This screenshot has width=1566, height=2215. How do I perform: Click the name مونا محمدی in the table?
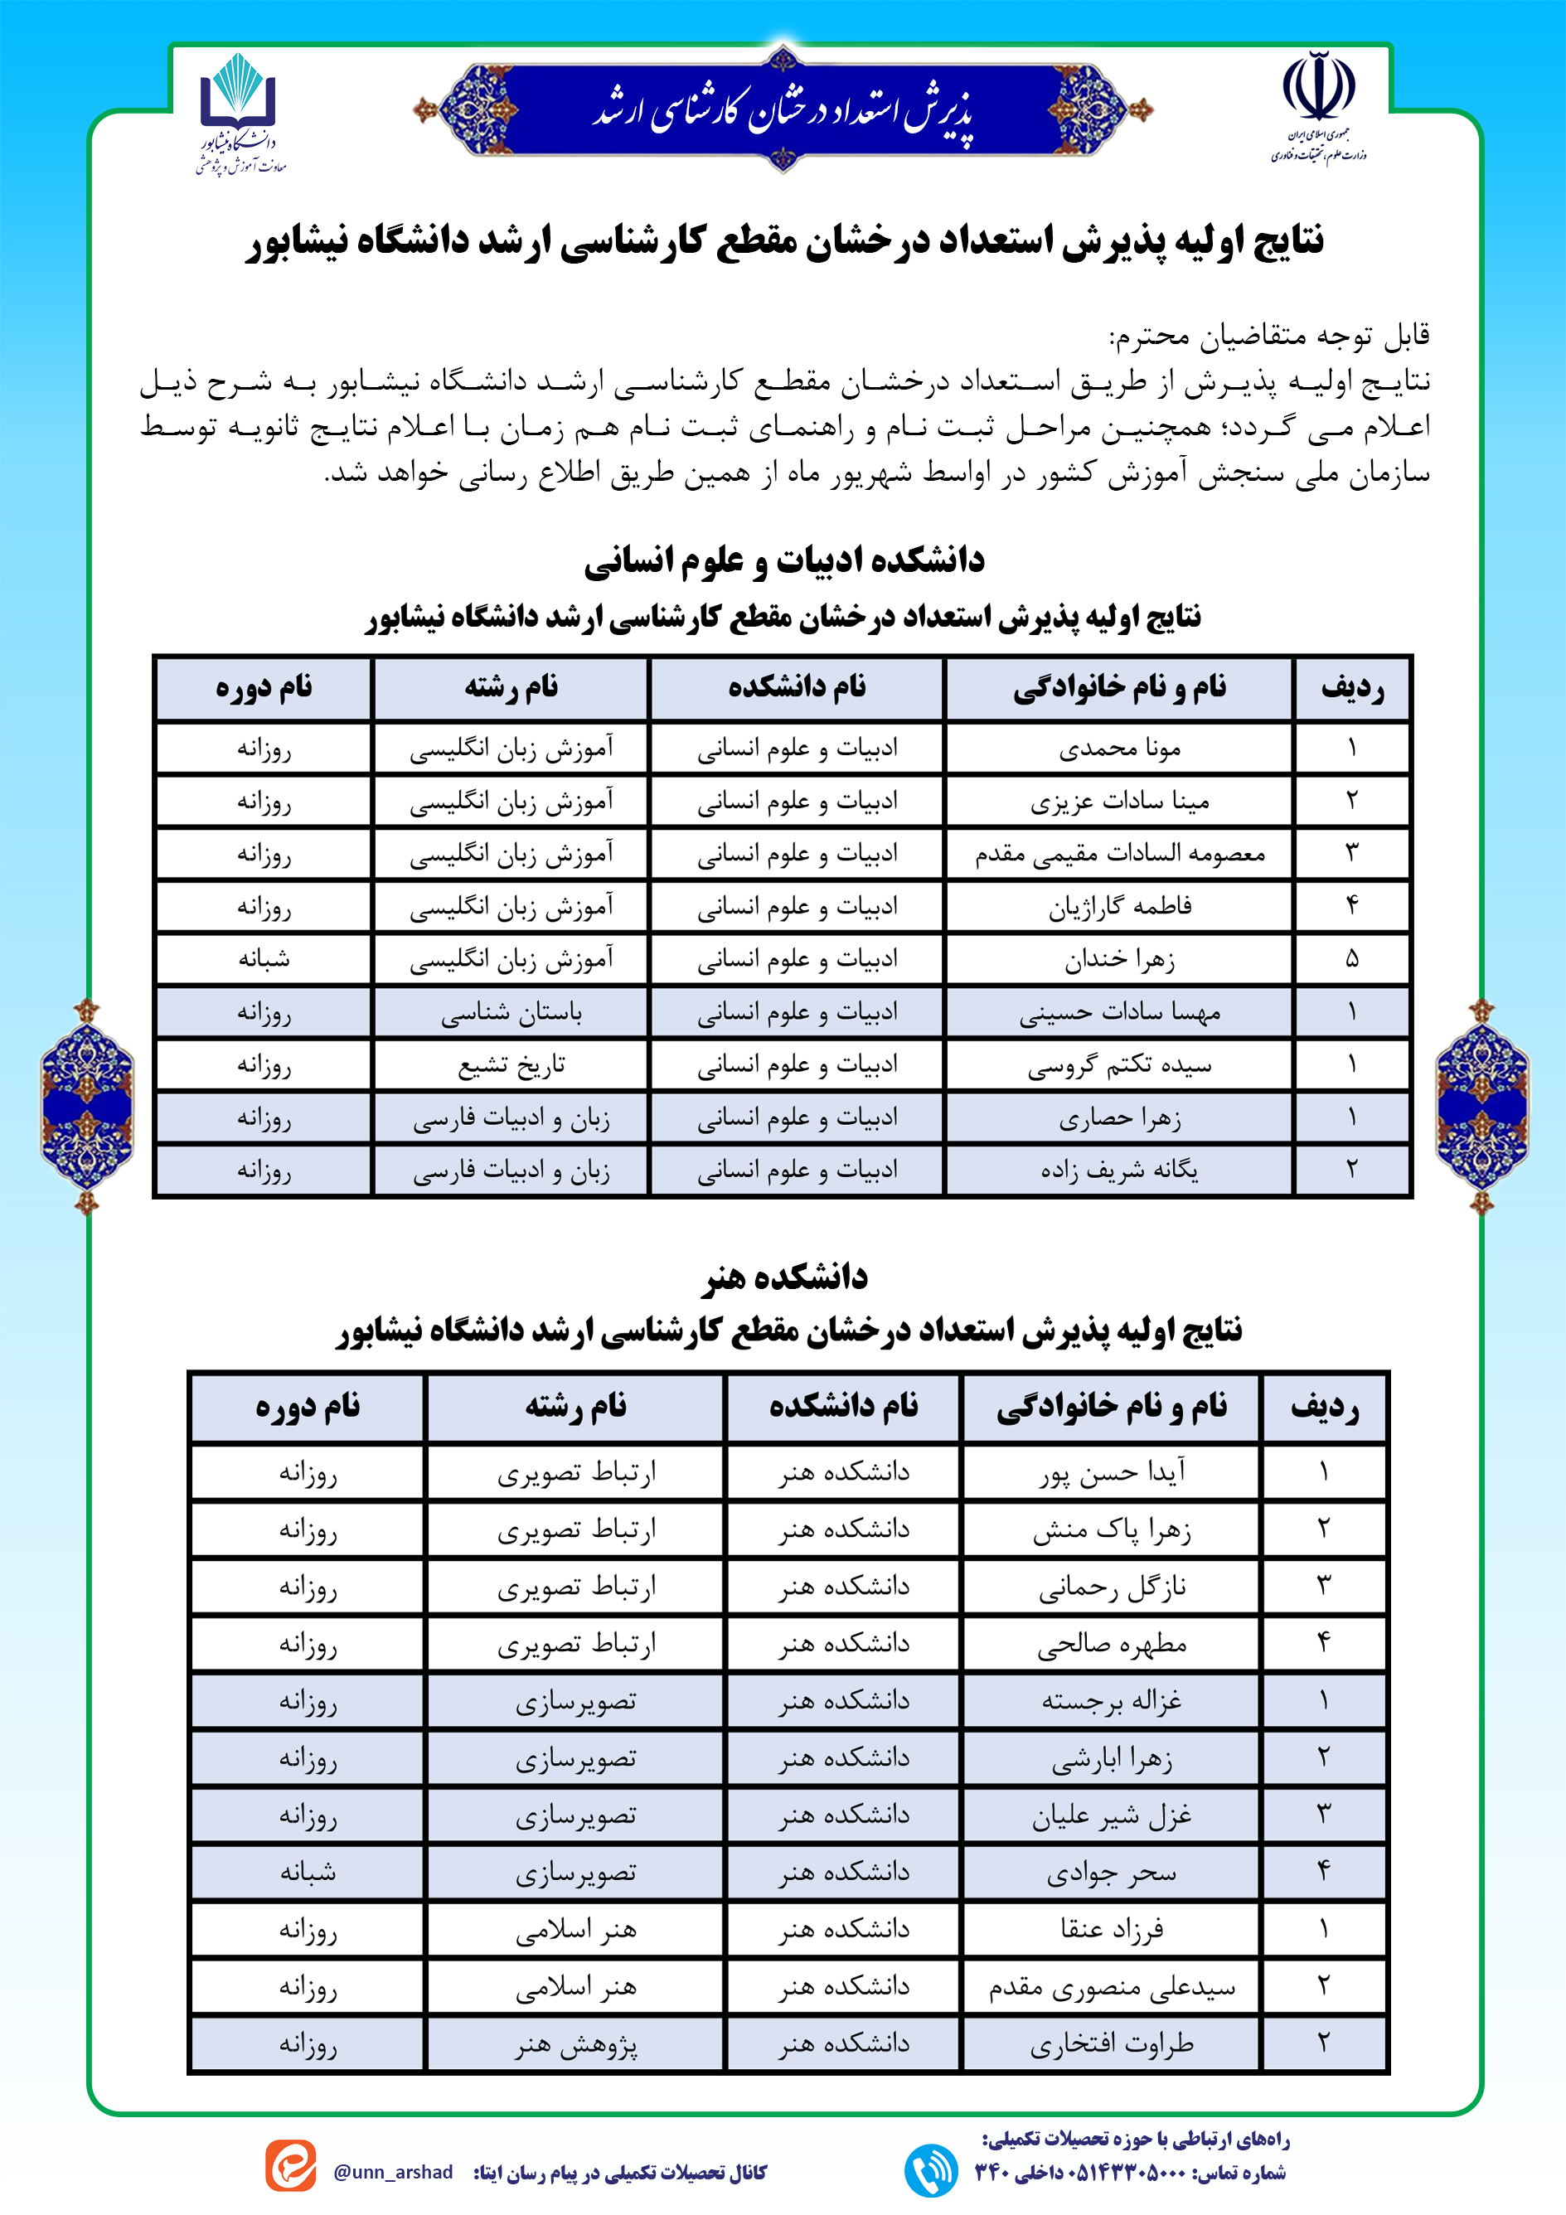click(1119, 749)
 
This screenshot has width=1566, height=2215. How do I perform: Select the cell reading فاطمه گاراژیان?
click(1119, 907)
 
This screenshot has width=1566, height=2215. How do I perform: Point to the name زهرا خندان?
click(1119, 960)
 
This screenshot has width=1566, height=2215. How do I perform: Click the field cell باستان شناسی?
click(511, 1013)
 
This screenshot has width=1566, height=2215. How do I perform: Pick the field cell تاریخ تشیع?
click(511, 1065)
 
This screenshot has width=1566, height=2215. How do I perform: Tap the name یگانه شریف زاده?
click(1119, 1171)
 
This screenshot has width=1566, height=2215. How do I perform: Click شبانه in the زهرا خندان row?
click(264, 960)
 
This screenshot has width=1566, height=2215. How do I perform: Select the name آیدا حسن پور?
click(1112, 1473)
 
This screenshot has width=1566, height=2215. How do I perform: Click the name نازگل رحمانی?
click(1112, 1587)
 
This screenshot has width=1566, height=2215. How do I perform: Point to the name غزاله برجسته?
click(1112, 1701)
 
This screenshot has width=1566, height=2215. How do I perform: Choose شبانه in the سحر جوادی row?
click(308, 1873)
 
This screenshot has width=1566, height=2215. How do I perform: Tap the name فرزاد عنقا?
click(1112, 1930)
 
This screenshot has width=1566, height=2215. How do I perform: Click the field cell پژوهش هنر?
click(576, 2043)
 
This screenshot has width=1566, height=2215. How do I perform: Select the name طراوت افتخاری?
click(1112, 2043)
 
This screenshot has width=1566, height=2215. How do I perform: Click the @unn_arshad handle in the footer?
click(393, 2172)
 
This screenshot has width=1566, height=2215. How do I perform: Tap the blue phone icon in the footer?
click(931, 2169)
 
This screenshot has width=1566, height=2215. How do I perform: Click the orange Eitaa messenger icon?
click(290, 2166)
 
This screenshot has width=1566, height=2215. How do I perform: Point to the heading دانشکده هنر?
click(783, 1277)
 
